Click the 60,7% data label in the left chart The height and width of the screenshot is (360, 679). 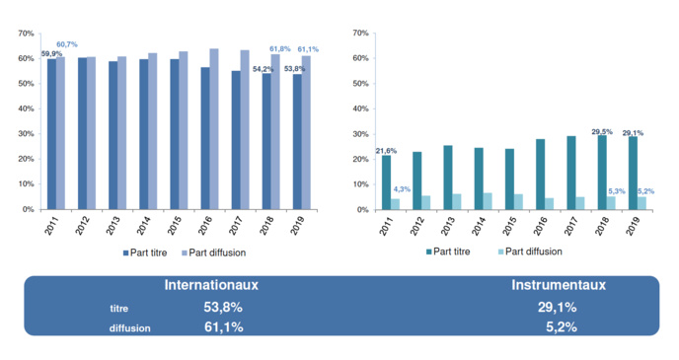[67, 44]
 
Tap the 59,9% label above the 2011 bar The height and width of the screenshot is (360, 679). [49, 53]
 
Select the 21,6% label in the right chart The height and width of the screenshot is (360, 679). [386, 150]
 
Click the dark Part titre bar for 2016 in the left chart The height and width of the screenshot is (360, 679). [204, 138]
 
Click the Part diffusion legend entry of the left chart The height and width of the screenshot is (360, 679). [212, 252]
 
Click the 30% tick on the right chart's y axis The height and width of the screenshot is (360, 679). [360, 134]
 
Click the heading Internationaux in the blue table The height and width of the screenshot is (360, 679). [211, 286]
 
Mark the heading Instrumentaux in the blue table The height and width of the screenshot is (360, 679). [558, 286]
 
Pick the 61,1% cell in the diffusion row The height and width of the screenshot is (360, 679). [223, 326]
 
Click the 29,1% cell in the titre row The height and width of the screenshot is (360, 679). [558, 307]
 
